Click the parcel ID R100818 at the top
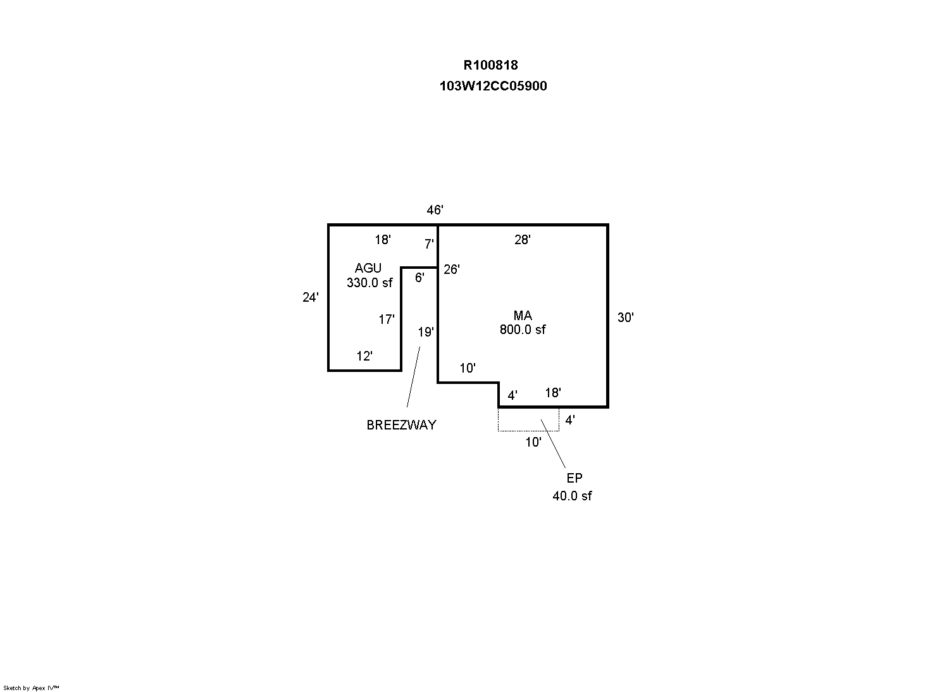click(x=490, y=65)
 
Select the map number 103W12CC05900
click(x=493, y=86)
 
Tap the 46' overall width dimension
click(x=435, y=211)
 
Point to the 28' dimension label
click(x=522, y=240)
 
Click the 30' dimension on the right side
click(x=625, y=318)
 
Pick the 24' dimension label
click(x=310, y=297)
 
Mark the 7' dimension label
click(x=429, y=244)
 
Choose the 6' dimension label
click(x=419, y=278)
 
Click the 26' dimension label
click(x=451, y=269)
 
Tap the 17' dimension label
click(x=387, y=320)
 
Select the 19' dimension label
click(x=425, y=332)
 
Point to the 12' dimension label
click(x=364, y=357)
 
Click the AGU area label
click(x=368, y=269)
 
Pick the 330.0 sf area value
click(x=370, y=283)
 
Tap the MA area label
click(x=523, y=316)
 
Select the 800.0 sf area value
click(x=523, y=330)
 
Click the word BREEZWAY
click(x=401, y=425)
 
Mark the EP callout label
click(x=574, y=479)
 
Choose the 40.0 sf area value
click(x=572, y=497)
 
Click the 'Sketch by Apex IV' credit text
click(x=32, y=688)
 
